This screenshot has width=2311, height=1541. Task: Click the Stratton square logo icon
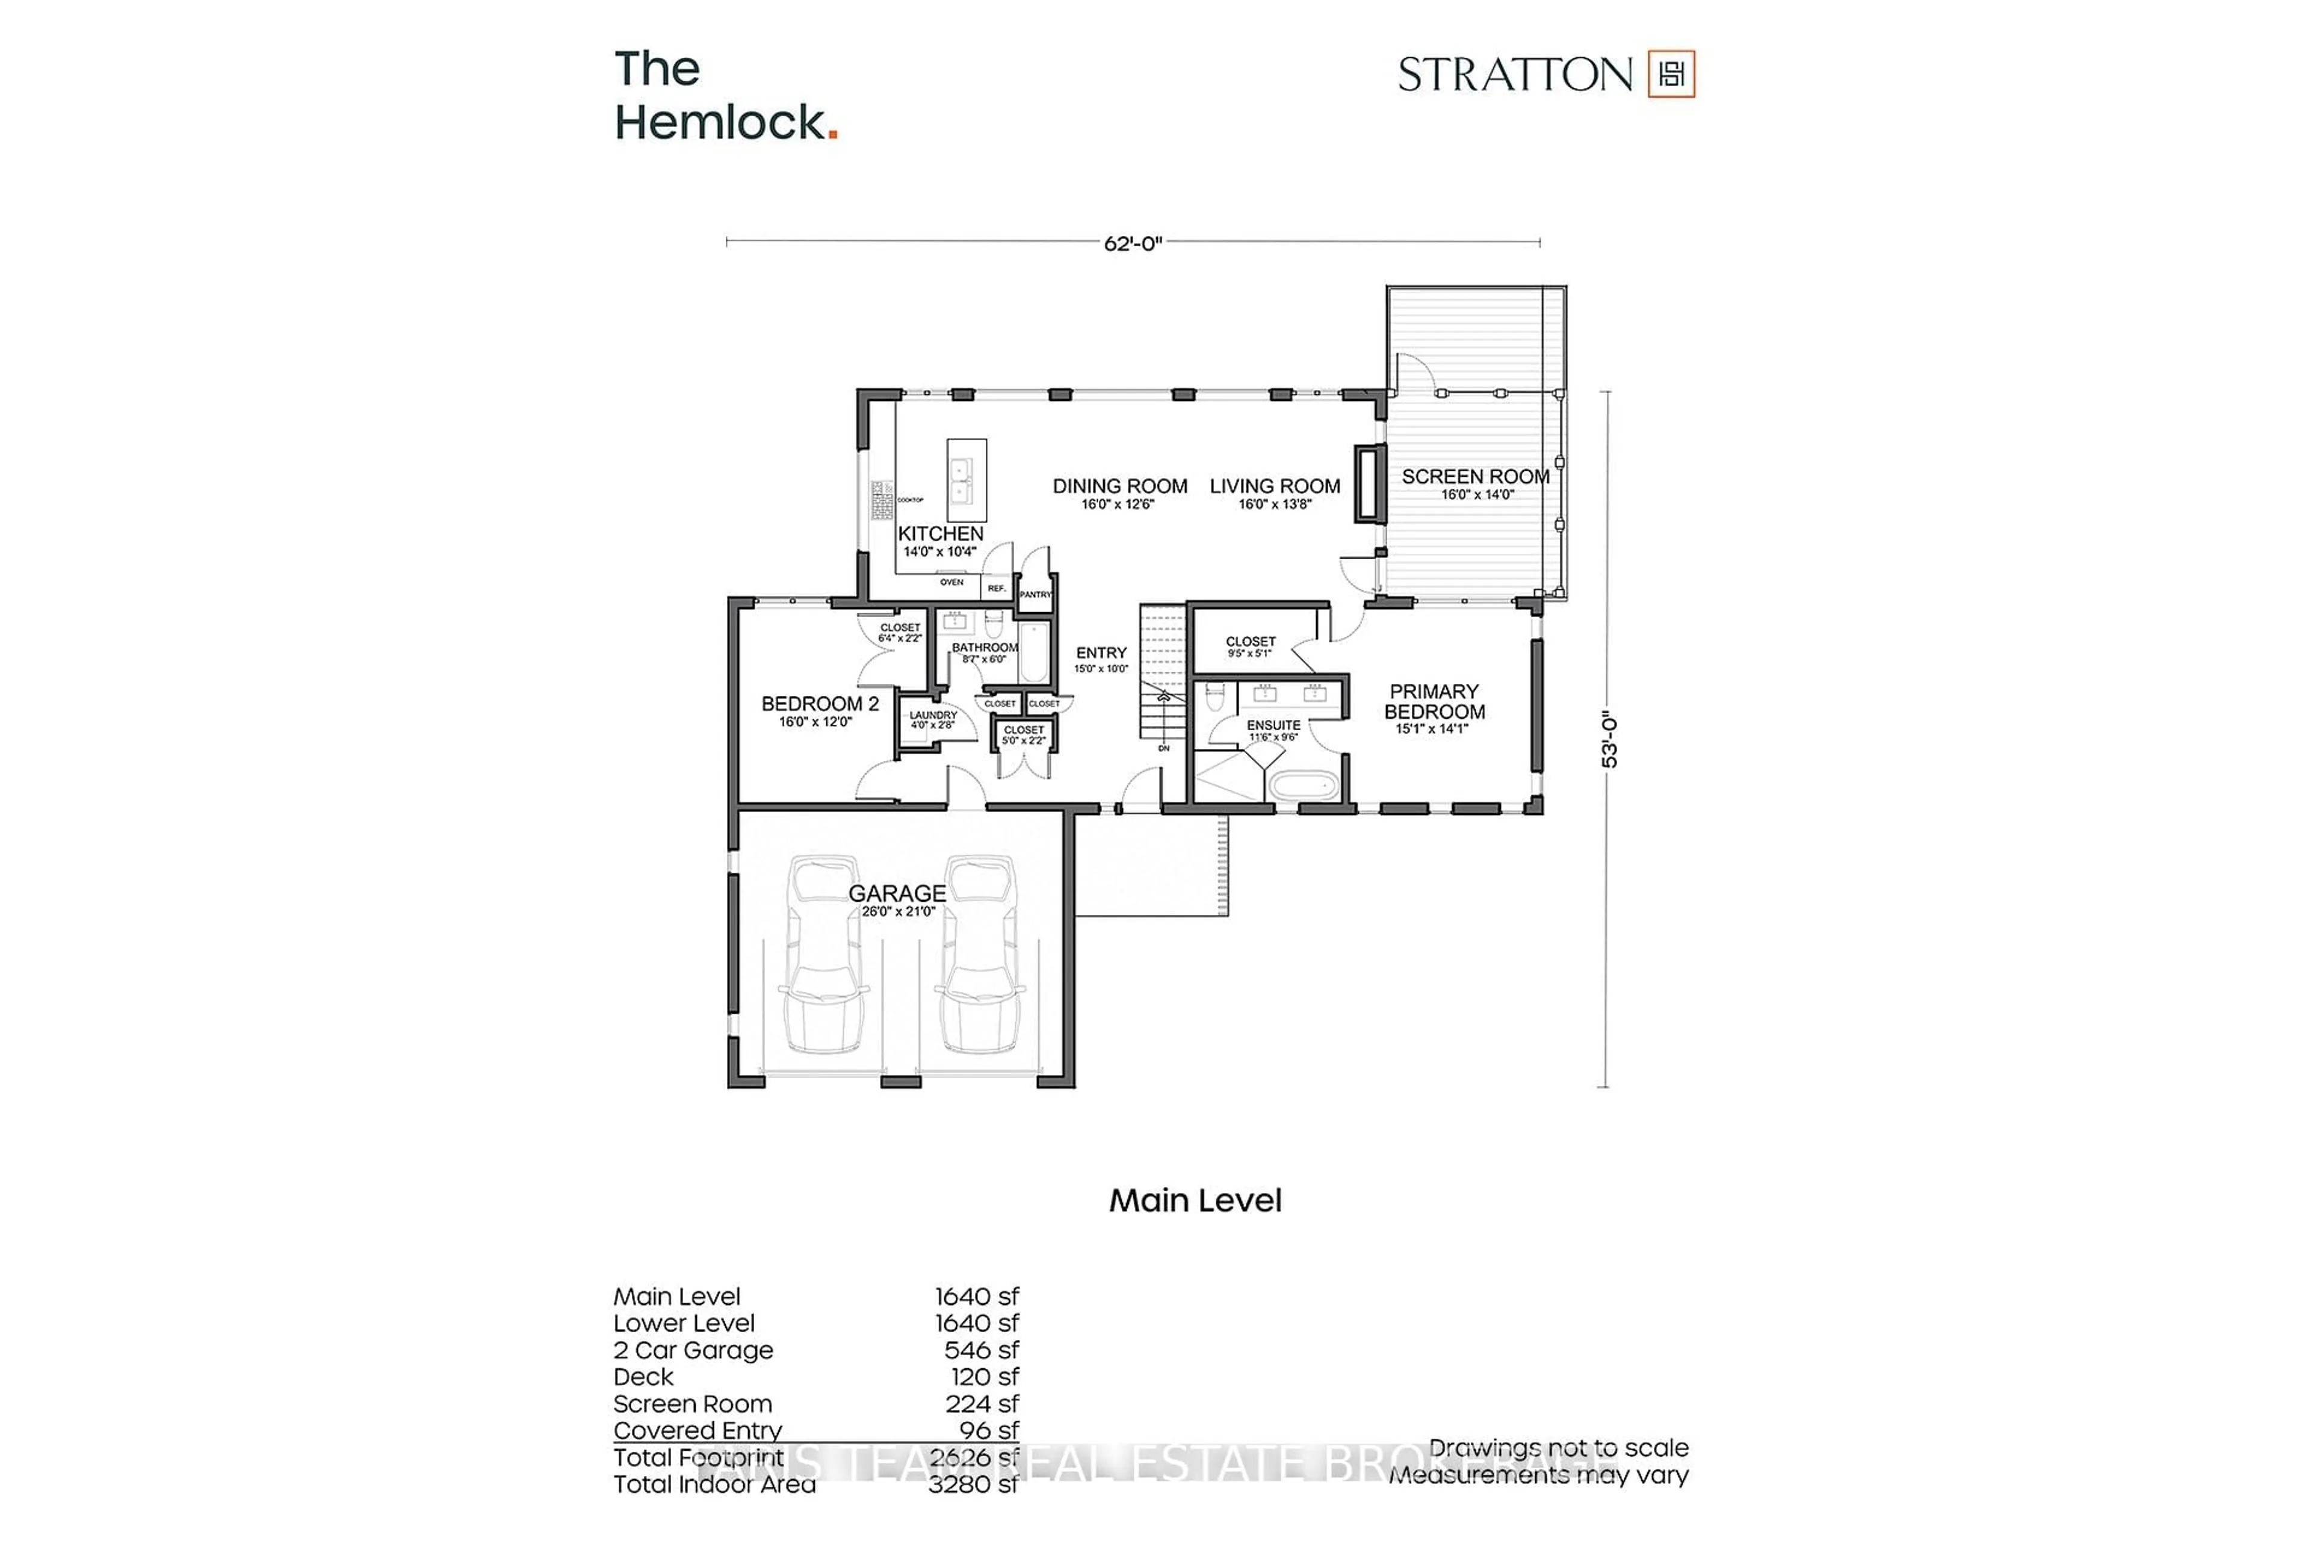(x=1671, y=73)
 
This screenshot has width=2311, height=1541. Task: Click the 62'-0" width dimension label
(x=1132, y=243)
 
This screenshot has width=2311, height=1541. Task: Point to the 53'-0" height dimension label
(x=1609, y=740)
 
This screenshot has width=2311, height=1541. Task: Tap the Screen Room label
(x=1475, y=477)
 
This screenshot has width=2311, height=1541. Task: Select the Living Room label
(x=1275, y=486)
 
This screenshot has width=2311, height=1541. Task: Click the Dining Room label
(x=1119, y=486)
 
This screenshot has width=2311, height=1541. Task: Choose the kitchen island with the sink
(x=966, y=480)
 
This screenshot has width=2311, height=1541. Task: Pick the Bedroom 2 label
(x=820, y=704)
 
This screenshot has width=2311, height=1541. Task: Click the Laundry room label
(x=932, y=716)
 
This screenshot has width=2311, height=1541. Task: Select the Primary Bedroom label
(x=1434, y=702)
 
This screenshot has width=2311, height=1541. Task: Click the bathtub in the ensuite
(x=1303, y=785)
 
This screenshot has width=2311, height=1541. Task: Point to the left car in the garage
(x=823, y=954)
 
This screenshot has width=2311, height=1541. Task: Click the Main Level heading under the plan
(x=1195, y=1200)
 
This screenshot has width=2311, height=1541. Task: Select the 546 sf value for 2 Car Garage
(x=980, y=1350)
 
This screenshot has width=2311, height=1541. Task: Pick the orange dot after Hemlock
(x=833, y=135)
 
